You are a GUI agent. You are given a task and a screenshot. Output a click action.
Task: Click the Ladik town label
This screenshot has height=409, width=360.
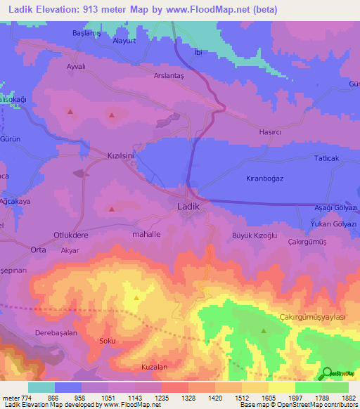[x=188, y=207]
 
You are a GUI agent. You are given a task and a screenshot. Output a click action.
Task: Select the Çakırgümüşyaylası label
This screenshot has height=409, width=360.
[x=313, y=318]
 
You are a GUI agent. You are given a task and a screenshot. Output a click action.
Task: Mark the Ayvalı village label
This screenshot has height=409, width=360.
[x=75, y=66]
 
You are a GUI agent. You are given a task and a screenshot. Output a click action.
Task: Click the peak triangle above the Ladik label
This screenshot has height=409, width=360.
[x=112, y=208]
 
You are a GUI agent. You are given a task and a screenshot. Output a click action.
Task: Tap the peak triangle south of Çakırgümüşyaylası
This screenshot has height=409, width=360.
[x=264, y=330]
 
